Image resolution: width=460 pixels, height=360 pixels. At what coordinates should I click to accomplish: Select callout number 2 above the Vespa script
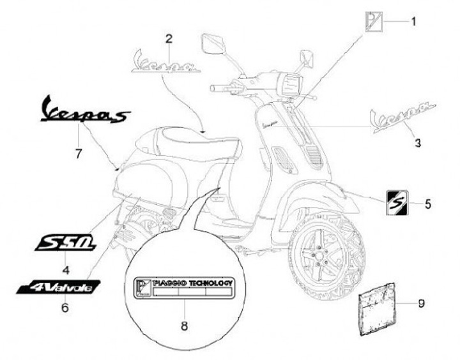(169, 39)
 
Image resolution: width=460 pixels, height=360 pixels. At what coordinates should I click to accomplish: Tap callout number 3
(418, 144)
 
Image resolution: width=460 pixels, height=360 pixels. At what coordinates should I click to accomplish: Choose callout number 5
(427, 204)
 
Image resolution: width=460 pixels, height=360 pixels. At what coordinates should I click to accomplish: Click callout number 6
(65, 308)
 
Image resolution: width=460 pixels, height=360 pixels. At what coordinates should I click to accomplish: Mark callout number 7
(79, 153)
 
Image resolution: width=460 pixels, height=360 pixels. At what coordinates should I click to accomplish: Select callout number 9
(421, 303)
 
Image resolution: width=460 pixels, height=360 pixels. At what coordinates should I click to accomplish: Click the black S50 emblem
(66, 243)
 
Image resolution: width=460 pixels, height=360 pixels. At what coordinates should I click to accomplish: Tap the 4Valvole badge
(59, 288)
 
